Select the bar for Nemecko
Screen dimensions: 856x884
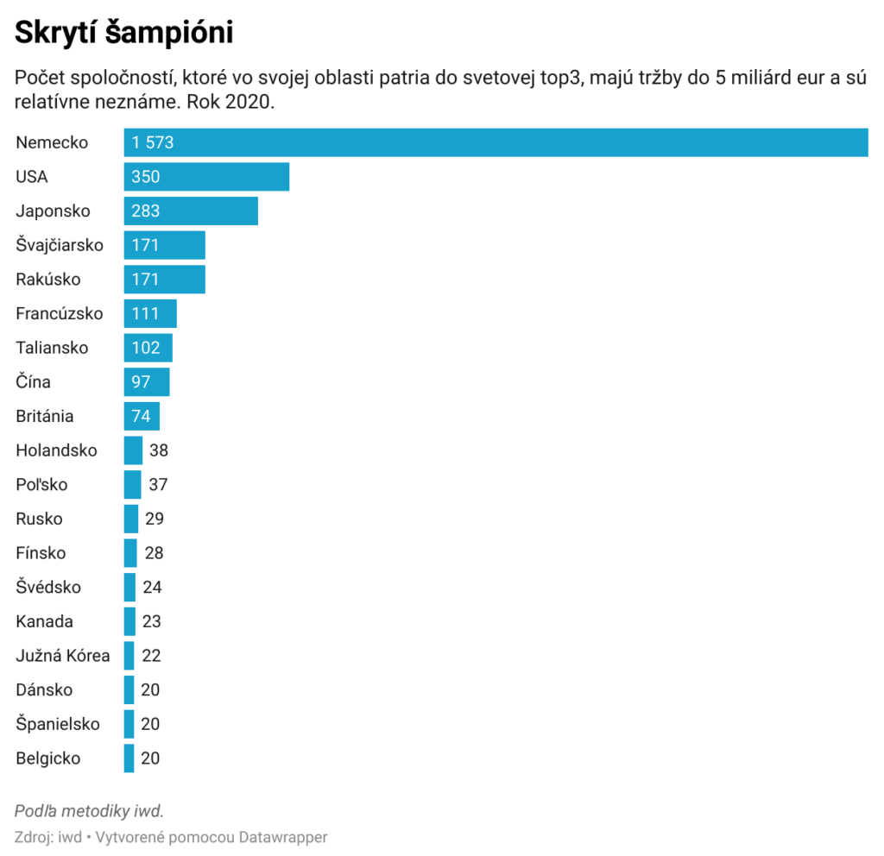point(496,142)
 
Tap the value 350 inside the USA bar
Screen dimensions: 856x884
point(146,177)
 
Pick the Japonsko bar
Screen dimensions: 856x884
point(191,211)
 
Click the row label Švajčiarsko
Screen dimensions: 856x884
point(60,245)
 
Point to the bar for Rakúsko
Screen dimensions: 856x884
point(164,280)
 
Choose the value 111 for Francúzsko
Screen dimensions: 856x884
point(146,313)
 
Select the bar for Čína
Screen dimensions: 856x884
point(147,382)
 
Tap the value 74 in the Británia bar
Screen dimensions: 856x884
point(142,416)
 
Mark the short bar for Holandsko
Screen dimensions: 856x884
point(133,450)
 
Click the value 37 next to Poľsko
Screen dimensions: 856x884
point(158,485)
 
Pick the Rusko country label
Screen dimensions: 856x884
point(39,519)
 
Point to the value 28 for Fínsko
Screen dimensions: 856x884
point(154,553)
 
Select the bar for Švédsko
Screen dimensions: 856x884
point(129,588)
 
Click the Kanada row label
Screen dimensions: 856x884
point(44,621)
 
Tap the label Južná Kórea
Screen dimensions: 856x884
point(63,656)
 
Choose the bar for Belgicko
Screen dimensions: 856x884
point(129,758)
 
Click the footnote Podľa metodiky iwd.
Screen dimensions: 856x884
point(89,811)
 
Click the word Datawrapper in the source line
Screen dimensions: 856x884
point(283,837)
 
